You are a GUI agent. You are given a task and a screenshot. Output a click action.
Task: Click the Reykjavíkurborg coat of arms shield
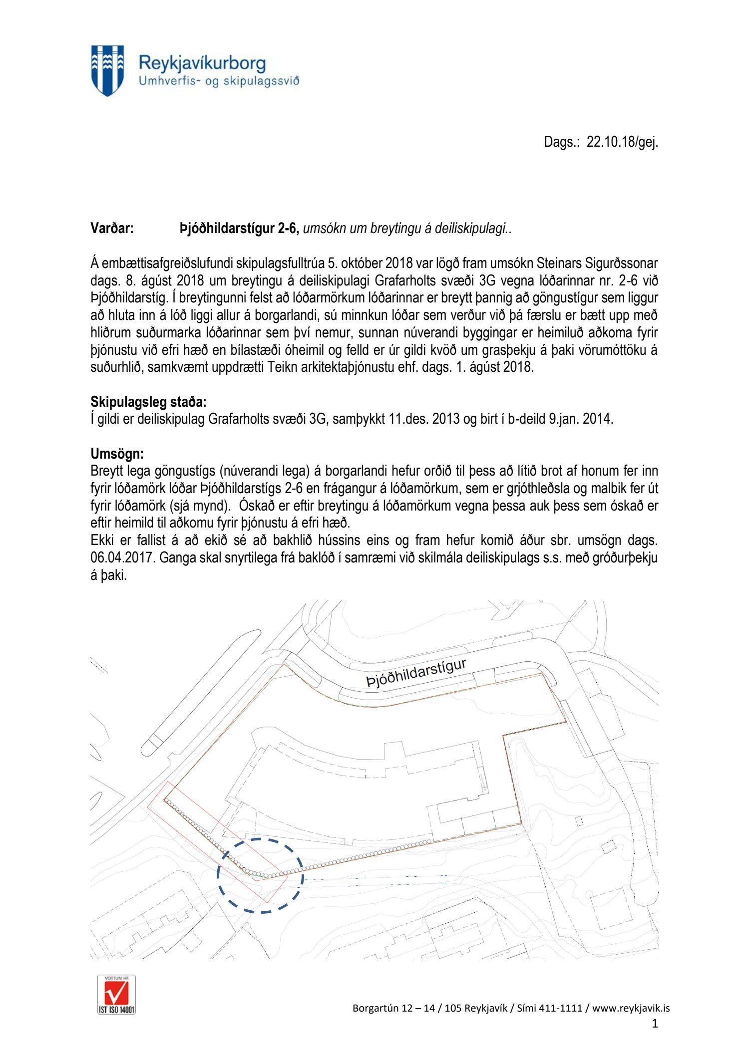click(x=107, y=70)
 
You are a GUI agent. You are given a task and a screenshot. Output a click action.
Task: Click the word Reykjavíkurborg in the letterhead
click(x=202, y=63)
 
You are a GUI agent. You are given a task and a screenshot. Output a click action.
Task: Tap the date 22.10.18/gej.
click(x=622, y=142)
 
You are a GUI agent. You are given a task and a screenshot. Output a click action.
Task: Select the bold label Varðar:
click(x=112, y=229)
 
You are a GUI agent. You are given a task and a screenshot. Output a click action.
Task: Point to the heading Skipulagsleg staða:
click(x=148, y=402)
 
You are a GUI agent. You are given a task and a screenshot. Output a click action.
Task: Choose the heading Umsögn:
click(x=117, y=454)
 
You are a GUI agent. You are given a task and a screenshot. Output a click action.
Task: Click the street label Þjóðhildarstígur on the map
click(x=416, y=673)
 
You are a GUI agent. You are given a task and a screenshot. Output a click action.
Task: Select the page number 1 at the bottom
click(x=655, y=1024)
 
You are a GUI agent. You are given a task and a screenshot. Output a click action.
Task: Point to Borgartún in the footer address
click(x=375, y=1008)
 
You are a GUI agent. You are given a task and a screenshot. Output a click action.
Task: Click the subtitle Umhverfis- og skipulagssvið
click(x=219, y=81)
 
